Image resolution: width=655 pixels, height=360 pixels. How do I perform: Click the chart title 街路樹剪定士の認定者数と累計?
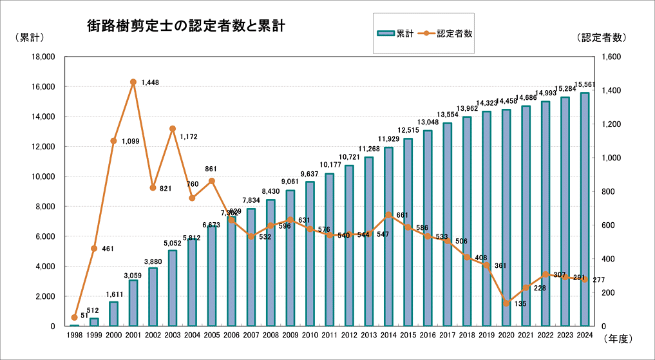(186, 26)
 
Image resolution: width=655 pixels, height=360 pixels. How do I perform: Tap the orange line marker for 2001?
(133, 82)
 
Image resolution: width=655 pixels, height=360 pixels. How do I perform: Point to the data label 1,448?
(150, 82)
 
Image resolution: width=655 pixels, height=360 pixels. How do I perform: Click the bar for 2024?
(585, 209)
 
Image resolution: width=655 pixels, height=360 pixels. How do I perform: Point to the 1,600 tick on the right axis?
(611, 57)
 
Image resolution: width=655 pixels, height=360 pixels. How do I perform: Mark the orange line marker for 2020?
(506, 303)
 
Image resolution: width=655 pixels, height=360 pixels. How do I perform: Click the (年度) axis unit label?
(619, 337)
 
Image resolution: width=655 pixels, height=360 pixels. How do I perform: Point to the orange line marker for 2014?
(388, 215)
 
